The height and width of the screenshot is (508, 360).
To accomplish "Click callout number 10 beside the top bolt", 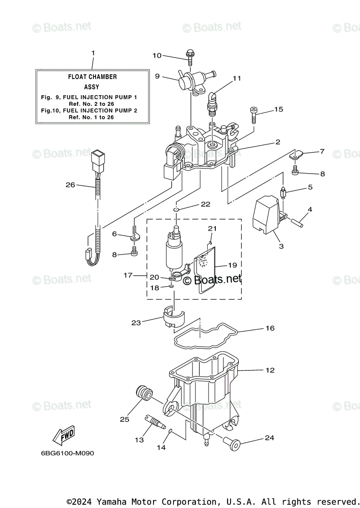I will pyautogui.click(x=157, y=55).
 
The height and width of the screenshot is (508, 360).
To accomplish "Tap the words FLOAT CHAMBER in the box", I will pyautogui.click(x=92, y=77).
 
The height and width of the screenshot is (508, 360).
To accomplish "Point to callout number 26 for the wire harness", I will pyautogui.click(x=70, y=185).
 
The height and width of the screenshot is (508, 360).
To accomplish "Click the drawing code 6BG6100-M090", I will pyautogui.click(x=68, y=453).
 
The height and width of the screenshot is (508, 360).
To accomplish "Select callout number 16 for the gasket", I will pyautogui.click(x=270, y=328).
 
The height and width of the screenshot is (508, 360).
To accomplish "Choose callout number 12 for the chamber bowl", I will pyautogui.click(x=270, y=370).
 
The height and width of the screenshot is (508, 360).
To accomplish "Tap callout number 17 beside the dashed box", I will pyautogui.click(x=128, y=275).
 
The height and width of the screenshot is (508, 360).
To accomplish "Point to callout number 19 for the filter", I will pyautogui.click(x=232, y=265).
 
